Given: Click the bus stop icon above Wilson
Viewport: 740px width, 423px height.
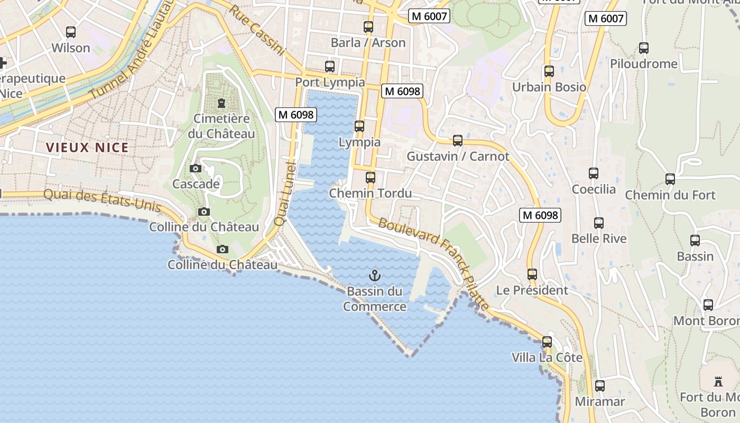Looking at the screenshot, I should coord(71,32).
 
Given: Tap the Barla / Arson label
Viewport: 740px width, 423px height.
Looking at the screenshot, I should coord(368,43).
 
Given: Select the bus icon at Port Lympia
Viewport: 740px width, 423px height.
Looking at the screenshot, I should coord(330,67).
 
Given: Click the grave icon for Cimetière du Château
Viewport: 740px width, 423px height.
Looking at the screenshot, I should coord(221,103).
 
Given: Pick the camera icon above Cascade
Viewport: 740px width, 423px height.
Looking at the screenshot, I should coord(196,169).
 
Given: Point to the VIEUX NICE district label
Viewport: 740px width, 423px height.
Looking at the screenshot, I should coord(87,148).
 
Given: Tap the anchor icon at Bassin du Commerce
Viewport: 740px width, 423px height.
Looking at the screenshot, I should coord(375,275).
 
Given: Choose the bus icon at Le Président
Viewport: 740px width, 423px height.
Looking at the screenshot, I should coord(532,274).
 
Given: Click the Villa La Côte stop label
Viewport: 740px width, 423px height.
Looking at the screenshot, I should coord(547,357).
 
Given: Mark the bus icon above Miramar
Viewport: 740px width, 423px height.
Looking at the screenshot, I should coord(599,386).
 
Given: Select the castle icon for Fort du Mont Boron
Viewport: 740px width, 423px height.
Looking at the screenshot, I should coord(718,381).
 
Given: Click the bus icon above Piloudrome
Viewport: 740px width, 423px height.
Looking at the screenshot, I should coord(644,48).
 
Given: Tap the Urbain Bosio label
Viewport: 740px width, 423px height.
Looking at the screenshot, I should coord(549,87).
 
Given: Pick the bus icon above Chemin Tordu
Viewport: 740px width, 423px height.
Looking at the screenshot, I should coord(371,178).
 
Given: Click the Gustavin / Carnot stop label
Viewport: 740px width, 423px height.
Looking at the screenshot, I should coord(458,157).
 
